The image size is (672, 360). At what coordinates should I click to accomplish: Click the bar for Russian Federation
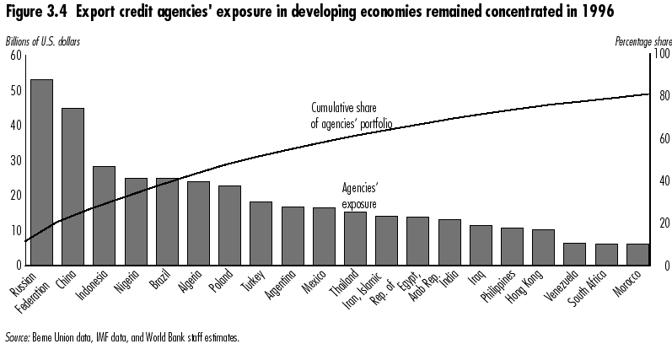tap(41, 172)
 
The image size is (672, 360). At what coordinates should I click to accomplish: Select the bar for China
tap(73, 186)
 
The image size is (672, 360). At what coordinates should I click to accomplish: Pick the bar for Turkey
tap(261, 234)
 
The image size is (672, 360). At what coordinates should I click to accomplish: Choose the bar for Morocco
tap(637, 255)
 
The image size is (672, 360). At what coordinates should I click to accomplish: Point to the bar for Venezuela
tap(574, 254)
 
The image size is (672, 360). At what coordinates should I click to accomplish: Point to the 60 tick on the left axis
tap(15, 56)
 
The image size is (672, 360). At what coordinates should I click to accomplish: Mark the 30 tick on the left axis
tap(15, 160)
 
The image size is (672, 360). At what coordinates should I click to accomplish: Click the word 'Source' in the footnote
tap(17, 337)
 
